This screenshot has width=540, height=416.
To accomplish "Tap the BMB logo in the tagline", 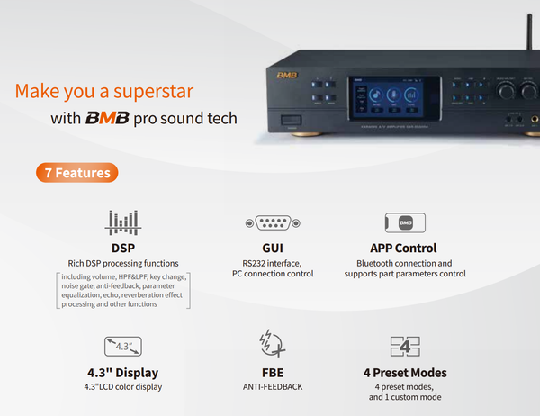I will (x=107, y=118).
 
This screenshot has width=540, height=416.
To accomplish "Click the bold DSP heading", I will (x=123, y=248).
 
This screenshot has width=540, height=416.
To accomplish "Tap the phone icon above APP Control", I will (x=405, y=222).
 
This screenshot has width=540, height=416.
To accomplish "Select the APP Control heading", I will (x=404, y=248).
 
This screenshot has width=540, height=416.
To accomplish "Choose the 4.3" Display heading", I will (x=123, y=372).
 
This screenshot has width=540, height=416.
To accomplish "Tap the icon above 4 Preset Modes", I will (x=405, y=346).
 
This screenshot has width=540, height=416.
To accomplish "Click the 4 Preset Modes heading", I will (x=404, y=372).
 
